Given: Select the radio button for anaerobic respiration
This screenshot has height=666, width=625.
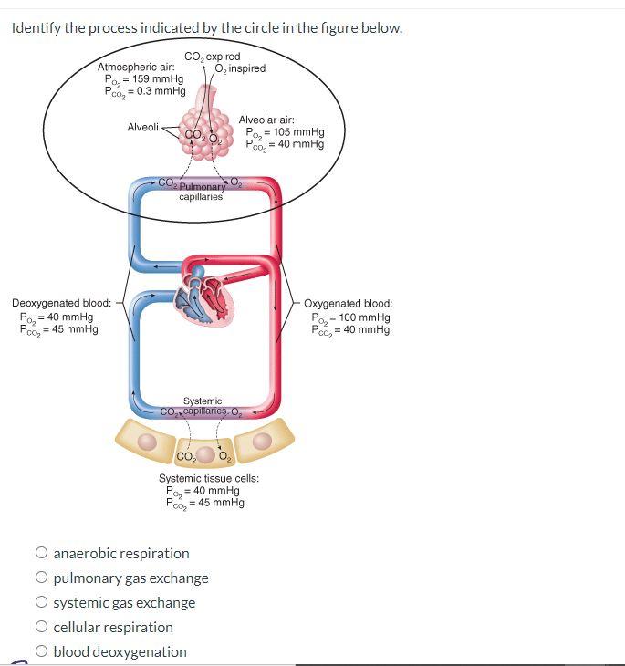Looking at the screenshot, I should [x=42, y=553].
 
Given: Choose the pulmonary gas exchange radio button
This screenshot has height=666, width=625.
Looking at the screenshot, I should [x=42, y=578].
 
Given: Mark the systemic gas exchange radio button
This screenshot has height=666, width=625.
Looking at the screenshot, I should [x=42, y=602].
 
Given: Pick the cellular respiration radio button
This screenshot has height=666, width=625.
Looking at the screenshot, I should [x=42, y=627].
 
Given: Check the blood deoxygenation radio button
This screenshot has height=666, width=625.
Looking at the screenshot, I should [x=42, y=651].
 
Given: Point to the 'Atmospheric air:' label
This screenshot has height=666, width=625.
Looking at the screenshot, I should [x=136, y=68].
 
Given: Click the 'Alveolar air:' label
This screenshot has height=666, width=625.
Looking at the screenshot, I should [x=266, y=120].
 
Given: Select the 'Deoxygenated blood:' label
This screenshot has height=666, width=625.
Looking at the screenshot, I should [x=61, y=304].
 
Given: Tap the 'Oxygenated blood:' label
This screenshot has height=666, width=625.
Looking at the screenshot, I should [x=348, y=304].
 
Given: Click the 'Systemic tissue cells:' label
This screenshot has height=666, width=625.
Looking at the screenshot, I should [x=209, y=479].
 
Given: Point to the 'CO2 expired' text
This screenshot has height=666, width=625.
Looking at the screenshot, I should [x=213, y=57].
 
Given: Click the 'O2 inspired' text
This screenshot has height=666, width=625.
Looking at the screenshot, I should [x=240, y=68].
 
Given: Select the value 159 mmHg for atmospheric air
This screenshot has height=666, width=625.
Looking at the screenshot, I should [x=153, y=79].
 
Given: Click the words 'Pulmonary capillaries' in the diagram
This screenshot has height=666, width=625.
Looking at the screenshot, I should [x=201, y=192].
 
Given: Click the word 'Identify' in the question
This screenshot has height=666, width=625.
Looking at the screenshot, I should [x=36, y=27].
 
